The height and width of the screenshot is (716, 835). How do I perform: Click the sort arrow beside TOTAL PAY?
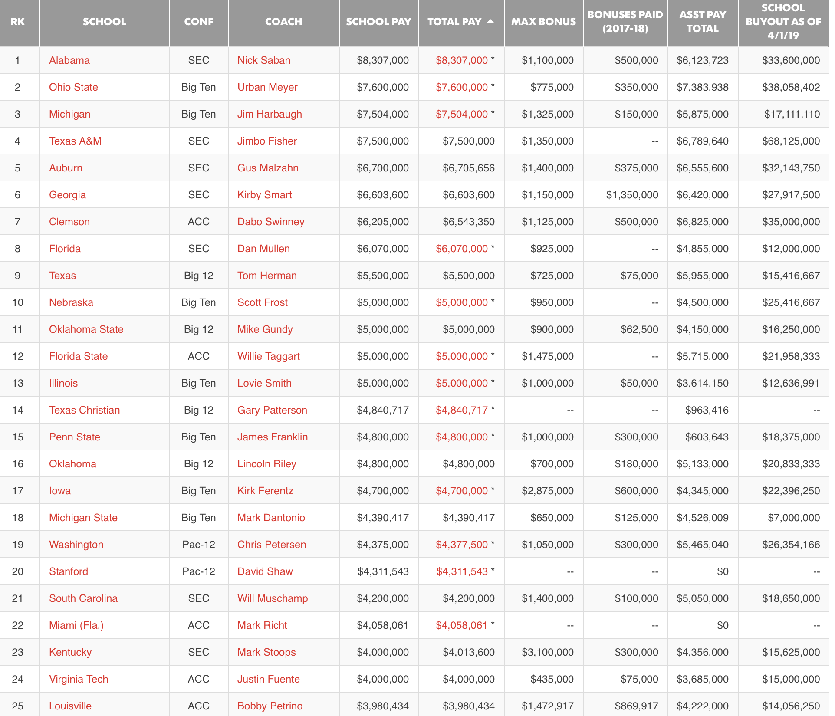coord(490,21)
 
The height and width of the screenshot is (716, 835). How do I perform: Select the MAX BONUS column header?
coord(543,22)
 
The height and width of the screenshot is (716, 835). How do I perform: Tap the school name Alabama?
coord(69,60)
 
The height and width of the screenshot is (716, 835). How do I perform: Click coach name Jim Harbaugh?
coord(270,114)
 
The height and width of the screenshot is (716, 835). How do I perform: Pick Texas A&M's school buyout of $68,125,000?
coord(791,141)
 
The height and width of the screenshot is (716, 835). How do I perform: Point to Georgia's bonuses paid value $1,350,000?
coord(632,195)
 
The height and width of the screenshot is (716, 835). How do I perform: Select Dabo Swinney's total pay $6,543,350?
coord(468,222)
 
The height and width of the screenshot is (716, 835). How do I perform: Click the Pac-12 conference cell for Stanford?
coord(199,571)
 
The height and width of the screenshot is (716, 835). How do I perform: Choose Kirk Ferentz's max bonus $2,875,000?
coord(547,491)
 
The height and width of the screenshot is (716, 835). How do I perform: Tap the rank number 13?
coord(18,383)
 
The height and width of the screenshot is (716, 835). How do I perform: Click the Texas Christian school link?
coord(85,410)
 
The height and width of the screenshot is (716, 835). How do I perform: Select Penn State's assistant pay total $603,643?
coord(707,437)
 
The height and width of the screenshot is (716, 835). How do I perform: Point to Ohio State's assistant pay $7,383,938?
coord(702,87)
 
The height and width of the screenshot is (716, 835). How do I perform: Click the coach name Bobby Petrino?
coord(270,706)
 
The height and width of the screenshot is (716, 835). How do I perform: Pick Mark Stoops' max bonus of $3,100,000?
coord(547,652)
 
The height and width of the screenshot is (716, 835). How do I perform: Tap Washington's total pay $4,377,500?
coord(462,545)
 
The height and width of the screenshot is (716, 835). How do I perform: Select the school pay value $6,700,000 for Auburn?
coord(382,168)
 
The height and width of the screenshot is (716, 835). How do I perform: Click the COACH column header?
coord(283,22)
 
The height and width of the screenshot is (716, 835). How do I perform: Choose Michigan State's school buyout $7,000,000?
coord(793,518)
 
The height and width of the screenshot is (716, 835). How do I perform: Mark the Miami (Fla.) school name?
coord(76,625)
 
